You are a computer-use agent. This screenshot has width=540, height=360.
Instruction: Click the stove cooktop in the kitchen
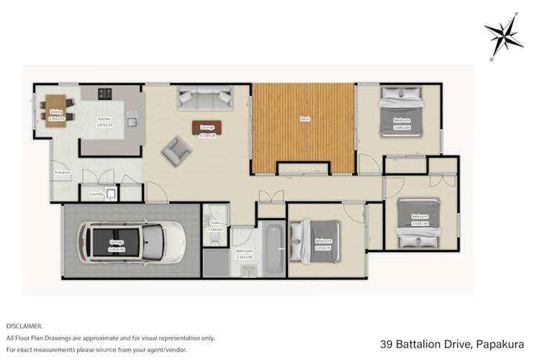pyautogui.click(x=105, y=93)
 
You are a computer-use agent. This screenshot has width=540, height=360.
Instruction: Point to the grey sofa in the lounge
pyautogui.click(x=204, y=94)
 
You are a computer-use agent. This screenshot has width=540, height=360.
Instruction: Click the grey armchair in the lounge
pyautogui.click(x=176, y=150)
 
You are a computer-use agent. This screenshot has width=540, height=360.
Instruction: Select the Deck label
pyautogui.click(x=303, y=119)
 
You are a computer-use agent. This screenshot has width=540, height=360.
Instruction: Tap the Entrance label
pyautogui.click(x=63, y=172)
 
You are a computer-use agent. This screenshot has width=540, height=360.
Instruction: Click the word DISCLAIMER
pyautogui.click(x=24, y=325)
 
